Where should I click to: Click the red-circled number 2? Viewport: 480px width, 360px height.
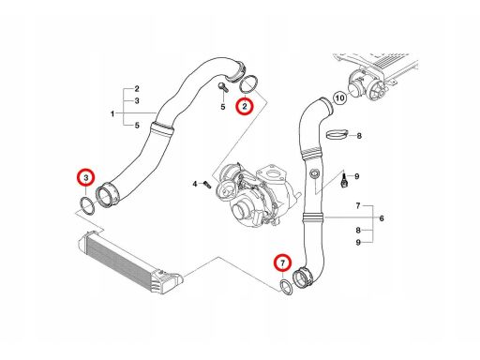tap(245, 106)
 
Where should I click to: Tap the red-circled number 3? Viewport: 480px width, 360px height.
tap(86, 177)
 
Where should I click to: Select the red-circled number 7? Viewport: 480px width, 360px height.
tap(283, 263)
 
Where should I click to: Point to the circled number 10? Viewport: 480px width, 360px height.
tap(340, 98)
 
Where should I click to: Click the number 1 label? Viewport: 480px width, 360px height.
tap(112, 113)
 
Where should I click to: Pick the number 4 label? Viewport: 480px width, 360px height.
tap(195, 184)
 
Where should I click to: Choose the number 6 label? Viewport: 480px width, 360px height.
tap(382, 218)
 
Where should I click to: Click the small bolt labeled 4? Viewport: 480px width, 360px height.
tap(207, 184)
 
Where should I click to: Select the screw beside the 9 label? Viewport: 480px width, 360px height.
tap(344, 182)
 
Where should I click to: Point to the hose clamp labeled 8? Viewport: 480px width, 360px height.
tap(337, 134)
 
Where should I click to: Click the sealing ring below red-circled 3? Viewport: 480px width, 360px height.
tap(87, 206)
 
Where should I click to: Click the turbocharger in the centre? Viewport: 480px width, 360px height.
tap(255, 195)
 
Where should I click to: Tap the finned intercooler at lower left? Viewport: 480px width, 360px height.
tap(128, 263)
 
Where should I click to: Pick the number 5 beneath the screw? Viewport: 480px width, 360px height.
tap(223, 107)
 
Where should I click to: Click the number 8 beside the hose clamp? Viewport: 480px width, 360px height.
tap(359, 136)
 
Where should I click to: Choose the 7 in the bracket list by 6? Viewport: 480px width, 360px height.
tap(358, 205)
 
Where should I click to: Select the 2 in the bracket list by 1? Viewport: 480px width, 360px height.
tap(137, 89)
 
